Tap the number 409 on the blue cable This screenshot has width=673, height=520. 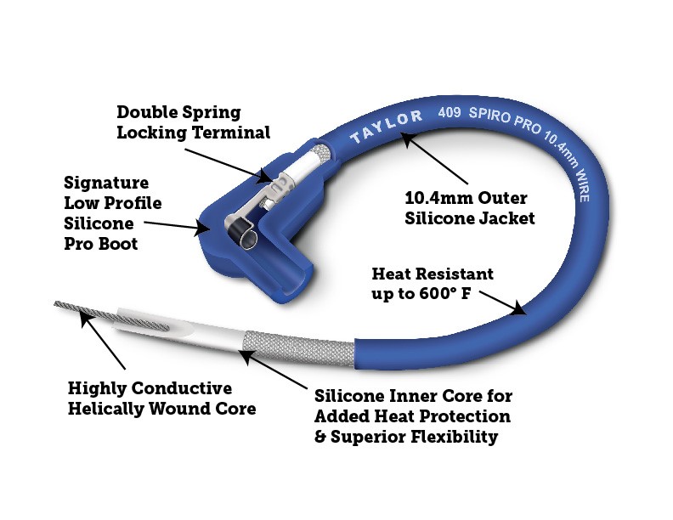tap(450, 111)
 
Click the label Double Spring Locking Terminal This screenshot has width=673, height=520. tap(193, 122)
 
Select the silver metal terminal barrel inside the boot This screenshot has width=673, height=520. tap(288, 169)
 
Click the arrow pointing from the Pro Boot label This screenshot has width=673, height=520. tap(175, 225)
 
